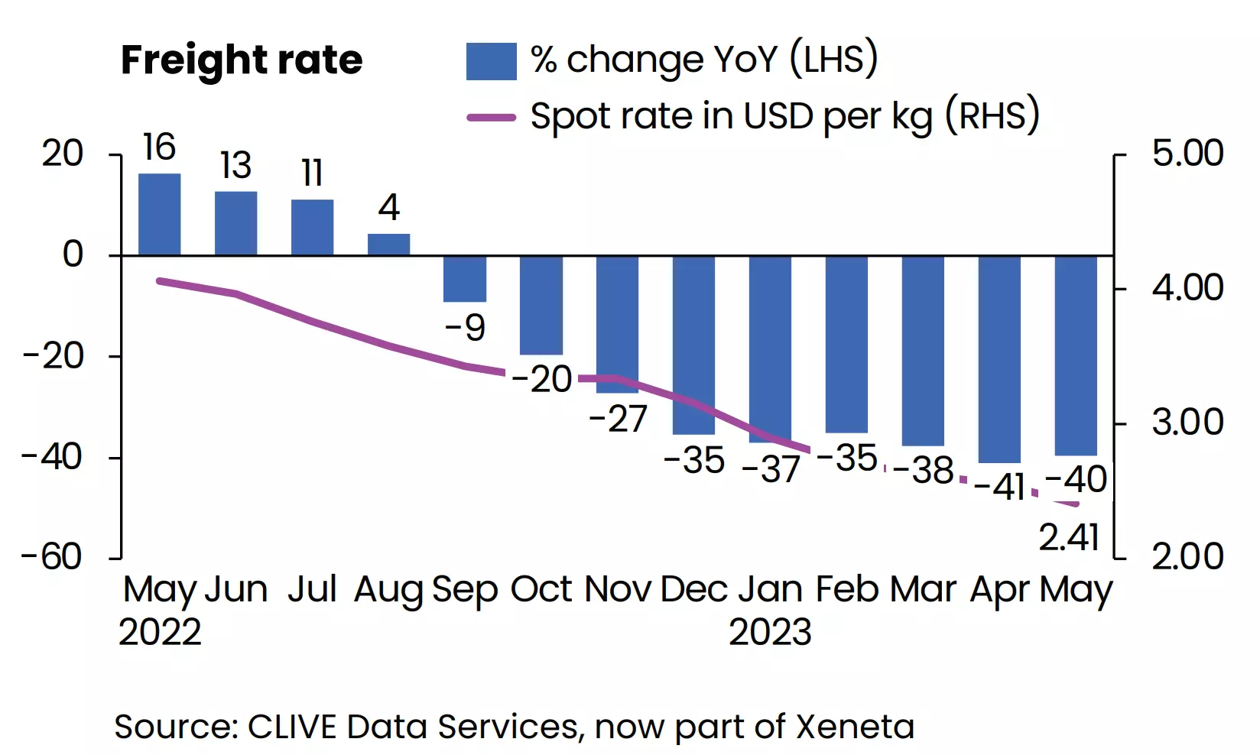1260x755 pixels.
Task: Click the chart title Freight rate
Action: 242,60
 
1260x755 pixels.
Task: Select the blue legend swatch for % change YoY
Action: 491,61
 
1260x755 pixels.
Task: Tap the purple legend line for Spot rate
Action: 491,118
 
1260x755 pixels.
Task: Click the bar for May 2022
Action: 159,215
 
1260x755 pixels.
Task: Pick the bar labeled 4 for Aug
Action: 388,245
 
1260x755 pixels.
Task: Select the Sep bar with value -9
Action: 465,279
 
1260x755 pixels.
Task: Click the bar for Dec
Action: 693,344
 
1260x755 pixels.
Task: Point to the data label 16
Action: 159,147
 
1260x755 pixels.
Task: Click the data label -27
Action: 618,419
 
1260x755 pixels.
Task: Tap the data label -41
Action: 1000,486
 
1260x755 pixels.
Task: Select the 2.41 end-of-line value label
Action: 1069,538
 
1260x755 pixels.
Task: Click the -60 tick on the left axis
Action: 52,557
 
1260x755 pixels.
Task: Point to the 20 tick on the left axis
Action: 63,154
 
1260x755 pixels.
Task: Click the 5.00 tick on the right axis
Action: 1187,154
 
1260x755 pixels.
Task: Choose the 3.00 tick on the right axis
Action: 1187,423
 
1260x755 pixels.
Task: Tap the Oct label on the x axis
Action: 541,590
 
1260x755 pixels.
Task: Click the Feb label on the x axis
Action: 847,590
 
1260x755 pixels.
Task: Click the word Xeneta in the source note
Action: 855,727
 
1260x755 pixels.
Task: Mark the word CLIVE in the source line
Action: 294,727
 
